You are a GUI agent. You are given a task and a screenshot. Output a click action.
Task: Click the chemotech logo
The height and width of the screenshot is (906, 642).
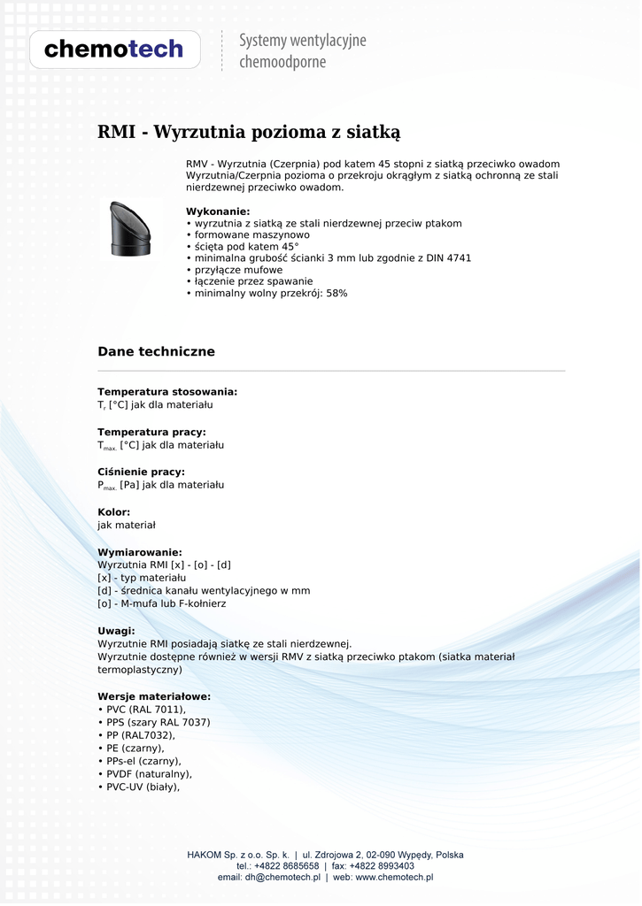click(x=114, y=50)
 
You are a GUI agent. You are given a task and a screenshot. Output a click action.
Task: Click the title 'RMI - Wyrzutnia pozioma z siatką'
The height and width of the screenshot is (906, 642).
click(x=249, y=133)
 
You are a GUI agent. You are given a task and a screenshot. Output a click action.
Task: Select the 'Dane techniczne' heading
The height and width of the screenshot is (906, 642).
click(x=156, y=352)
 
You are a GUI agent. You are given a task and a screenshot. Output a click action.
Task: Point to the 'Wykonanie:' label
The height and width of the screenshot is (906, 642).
click(x=218, y=211)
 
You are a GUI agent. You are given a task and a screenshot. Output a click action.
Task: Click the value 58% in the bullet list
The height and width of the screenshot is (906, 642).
click(x=336, y=293)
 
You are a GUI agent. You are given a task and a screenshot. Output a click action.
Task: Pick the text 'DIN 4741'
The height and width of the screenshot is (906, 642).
click(x=450, y=258)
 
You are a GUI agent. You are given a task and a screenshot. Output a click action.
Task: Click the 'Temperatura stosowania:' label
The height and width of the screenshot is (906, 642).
click(x=167, y=391)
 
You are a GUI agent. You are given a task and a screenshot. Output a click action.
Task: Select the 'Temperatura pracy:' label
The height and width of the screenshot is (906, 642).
click(x=151, y=432)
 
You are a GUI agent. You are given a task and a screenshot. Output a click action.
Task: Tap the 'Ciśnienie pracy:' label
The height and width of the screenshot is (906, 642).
click(x=141, y=472)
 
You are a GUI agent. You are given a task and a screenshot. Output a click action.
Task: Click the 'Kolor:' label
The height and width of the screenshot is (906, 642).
click(x=114, y=512)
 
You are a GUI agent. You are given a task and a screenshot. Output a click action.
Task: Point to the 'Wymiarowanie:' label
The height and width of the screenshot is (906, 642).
click(x=140, y=552)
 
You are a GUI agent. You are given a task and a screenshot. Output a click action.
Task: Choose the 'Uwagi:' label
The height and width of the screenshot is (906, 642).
click(x=116, y=631)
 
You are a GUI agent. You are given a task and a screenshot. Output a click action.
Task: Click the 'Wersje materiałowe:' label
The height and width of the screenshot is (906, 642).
click(x=154, y=696)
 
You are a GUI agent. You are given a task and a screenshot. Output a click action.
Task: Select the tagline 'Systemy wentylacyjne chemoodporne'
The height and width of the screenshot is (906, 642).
click(x=303, y=51)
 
